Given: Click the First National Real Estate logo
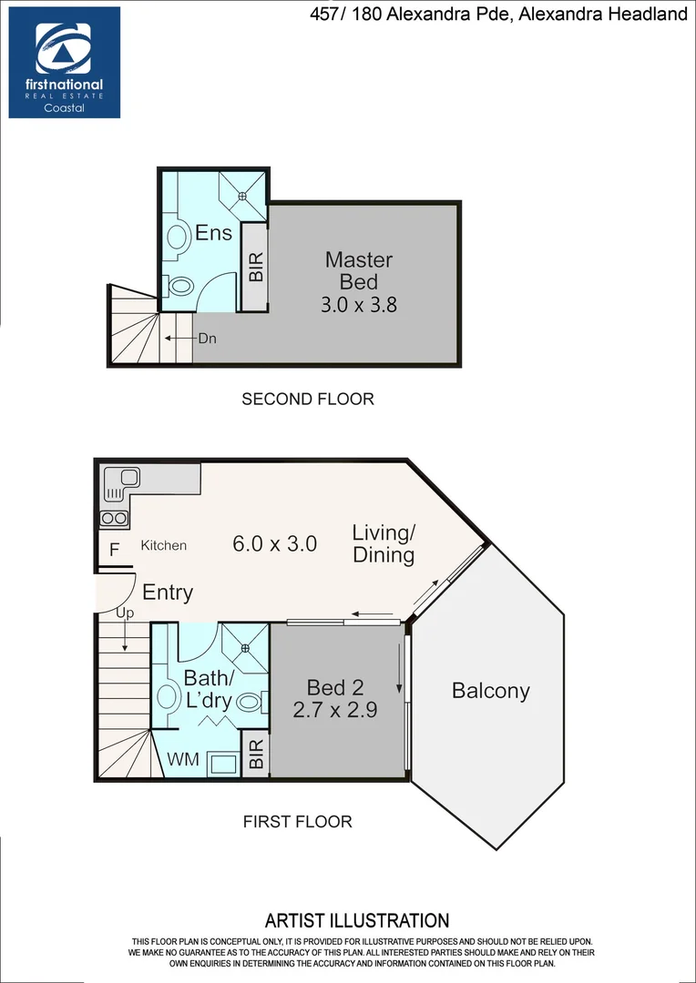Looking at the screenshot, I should point(65,62).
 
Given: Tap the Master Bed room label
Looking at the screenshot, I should point(358,270).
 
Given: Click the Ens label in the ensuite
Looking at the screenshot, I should point(213,233).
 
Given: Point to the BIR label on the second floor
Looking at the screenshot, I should point(256,266).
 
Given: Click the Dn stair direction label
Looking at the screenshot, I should point(207,338).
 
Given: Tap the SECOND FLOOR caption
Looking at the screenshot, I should point(307,399).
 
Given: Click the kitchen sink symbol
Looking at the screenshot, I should point(121,482).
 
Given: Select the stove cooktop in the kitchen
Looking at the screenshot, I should point(114,519).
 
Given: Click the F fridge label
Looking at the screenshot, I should point(114,549).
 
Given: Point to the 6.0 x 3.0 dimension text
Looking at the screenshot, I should point(274,544).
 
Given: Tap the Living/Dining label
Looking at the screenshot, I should point(384,543).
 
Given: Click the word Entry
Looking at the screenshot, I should point(168,593).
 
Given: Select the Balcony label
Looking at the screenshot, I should point(490,691).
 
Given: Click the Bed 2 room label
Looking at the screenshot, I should point(335,698).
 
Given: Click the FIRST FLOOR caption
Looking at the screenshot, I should point(297,821).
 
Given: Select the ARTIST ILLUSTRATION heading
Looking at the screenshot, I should point(356,921).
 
